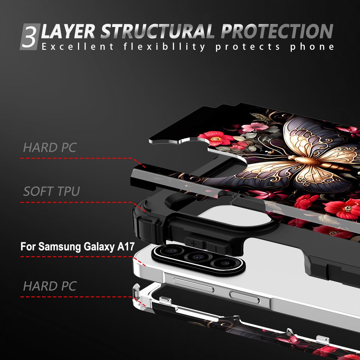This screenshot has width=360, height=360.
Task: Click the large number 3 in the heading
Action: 29,37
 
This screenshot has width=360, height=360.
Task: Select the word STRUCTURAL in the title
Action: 157,31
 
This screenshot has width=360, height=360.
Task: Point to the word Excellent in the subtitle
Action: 78,46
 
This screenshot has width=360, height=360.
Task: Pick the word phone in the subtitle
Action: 312,46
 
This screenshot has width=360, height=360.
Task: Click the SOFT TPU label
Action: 52,191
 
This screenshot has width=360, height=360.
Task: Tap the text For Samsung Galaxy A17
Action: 77,247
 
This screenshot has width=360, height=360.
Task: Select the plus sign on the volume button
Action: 193,244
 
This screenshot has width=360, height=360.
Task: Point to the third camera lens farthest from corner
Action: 225,264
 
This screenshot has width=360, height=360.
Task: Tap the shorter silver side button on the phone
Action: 245,297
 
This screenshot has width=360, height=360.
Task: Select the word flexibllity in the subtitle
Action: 164,46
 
